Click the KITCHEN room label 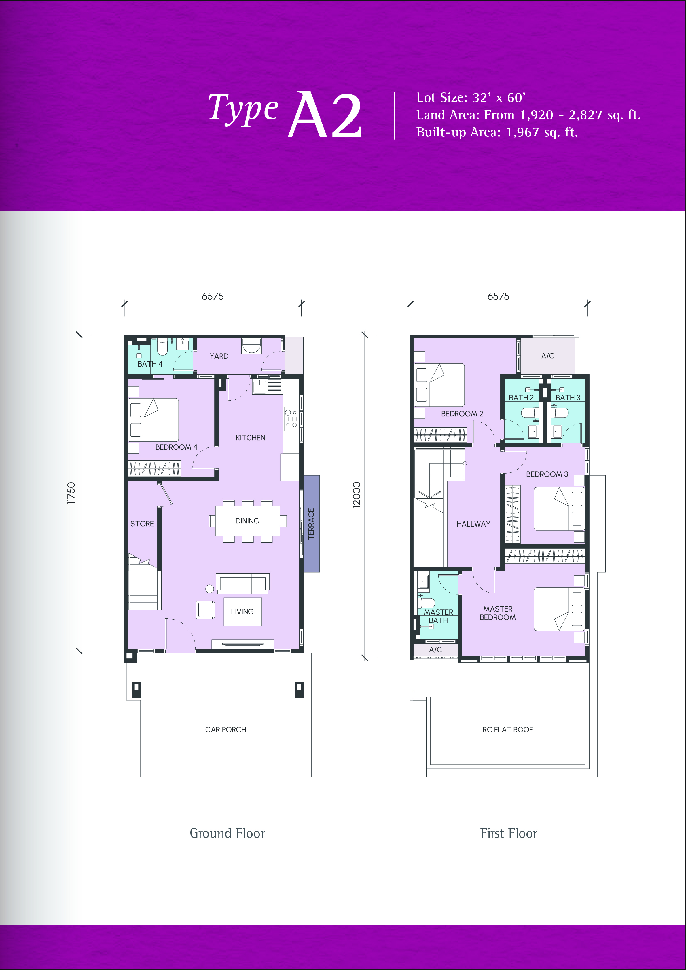point(250,438)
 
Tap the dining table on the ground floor point(247,521)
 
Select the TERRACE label point(312,524)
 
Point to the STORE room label point(142,524)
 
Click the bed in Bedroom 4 point(153,420)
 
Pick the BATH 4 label point(150,364)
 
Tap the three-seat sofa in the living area point(242,583)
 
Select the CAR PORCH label point(226,730)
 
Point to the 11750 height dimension point(71,493)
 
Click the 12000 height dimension point(357,495)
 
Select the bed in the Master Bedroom point(559,609)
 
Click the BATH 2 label point(521,398)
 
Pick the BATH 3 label point(568,398)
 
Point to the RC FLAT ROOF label point(508,730)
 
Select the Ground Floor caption point(228,833)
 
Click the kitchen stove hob point(291,419)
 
